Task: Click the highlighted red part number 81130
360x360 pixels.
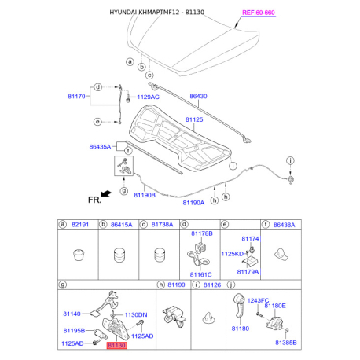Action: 116,345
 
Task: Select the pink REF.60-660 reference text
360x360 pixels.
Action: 259,13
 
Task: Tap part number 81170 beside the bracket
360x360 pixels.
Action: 76,97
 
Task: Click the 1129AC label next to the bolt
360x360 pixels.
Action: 148,97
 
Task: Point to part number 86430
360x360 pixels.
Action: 198,96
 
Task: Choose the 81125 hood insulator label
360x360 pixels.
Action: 194,119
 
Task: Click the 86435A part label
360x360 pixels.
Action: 100,147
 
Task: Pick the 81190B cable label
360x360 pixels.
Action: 145,195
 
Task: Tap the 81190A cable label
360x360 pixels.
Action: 193,203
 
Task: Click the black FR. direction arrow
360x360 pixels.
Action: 106,193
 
